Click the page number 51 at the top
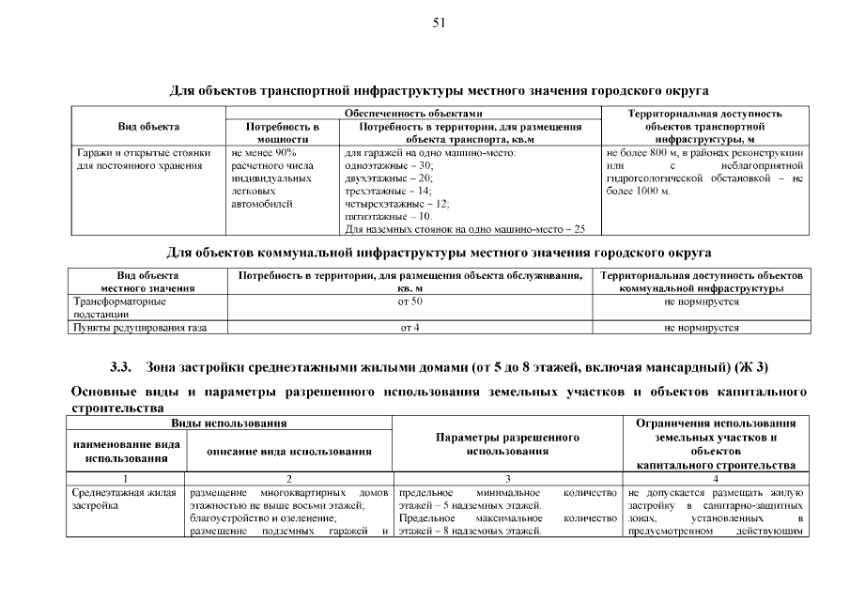pyautogui.click(x=439, y=23)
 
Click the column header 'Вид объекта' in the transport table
pyautogui.click(x=148, y=126)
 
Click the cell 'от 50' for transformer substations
pyautogui.click(x=410, y=302)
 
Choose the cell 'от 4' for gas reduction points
pyautogui.click(x=410, y=328)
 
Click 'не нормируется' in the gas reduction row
pyautogui.click(x=701, y=328)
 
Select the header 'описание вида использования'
pyautogui.click(x=289, y=452)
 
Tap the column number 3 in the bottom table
pyautogui.click(x=507, y=478)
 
